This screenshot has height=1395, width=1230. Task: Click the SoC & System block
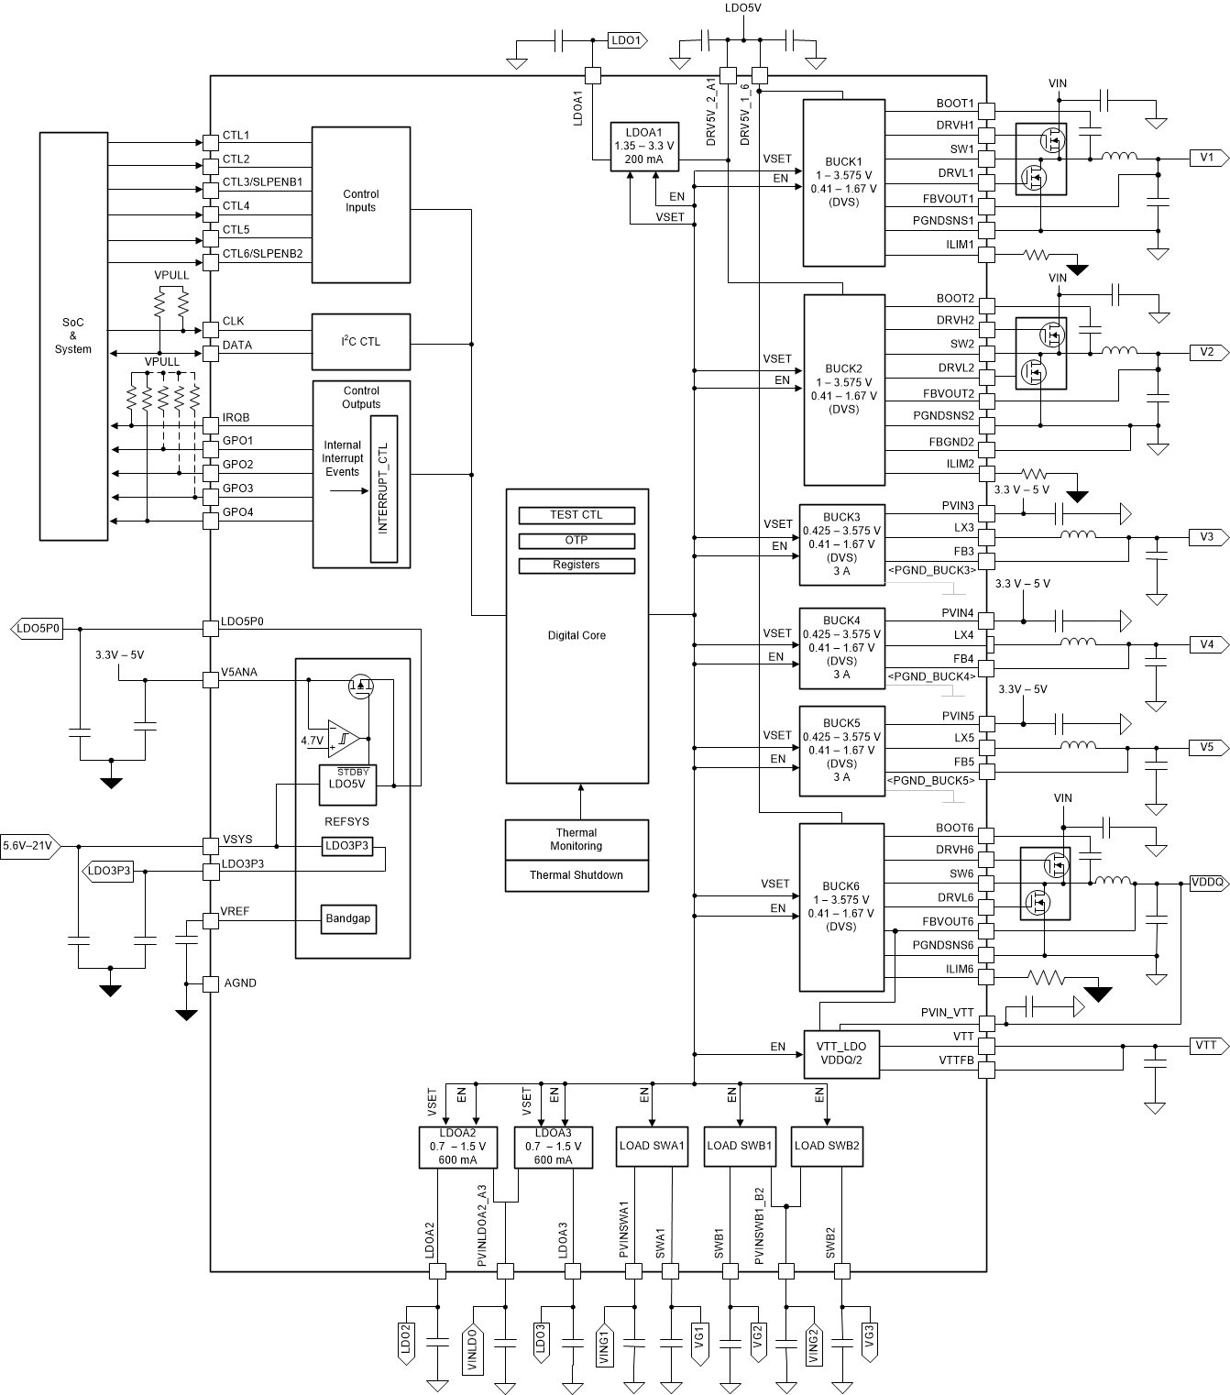click(x=73, y=335)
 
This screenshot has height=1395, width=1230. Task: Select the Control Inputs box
click(x=360, y=204)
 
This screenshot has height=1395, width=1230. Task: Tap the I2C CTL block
click(x=360, y=342)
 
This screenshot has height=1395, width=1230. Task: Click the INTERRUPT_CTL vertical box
click(x=384, y=489)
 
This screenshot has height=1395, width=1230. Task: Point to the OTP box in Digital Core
click(x=577, y=540)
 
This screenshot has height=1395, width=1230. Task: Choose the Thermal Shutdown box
click(x=577, y=875)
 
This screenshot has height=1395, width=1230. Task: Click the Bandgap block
click(x=347, y=918)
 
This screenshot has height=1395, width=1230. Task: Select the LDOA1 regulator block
click(x=643, y=146)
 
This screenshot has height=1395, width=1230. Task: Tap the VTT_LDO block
click(x=840, y=1053)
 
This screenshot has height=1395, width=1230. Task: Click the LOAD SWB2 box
click(x=827, y=1146)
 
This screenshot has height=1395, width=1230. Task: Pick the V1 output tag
click(x=1207, y=158)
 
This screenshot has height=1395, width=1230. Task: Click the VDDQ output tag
click(x=1207, y=883)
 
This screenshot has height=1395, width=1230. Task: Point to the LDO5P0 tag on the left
click(x=38, y=629)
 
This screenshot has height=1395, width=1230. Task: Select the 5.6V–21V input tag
click(x=28, y=846)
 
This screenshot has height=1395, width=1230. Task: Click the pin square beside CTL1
click(x=210, y=142)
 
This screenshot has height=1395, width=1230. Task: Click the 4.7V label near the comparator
click(x=313, y=741)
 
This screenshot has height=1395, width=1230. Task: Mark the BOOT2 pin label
click(x=955, y=299)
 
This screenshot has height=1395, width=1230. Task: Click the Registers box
click(x=577, y=566)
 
